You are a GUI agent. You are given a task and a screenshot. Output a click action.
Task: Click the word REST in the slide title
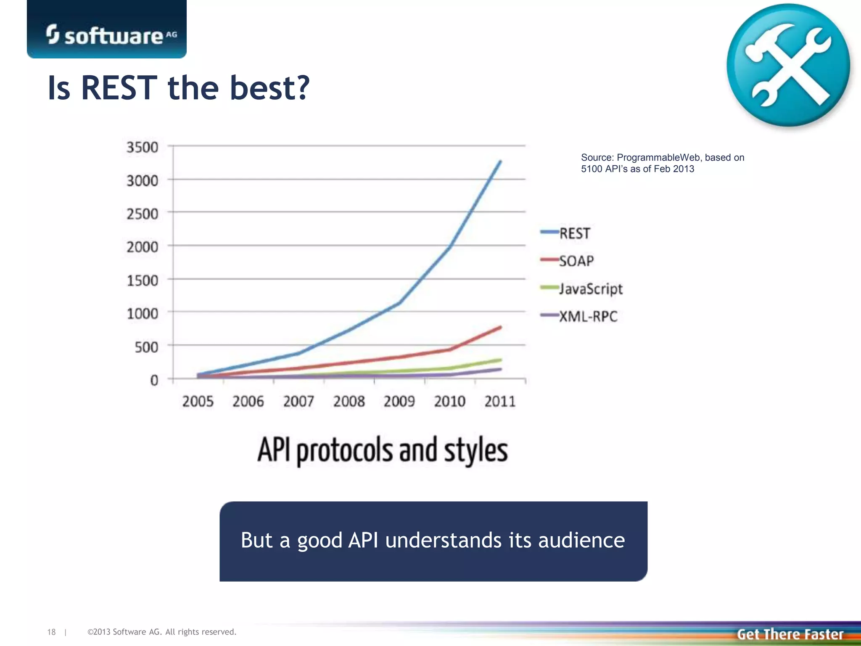119,88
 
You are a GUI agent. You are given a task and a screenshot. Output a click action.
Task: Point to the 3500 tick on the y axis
143,148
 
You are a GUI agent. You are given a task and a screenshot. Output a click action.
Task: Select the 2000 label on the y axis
143,247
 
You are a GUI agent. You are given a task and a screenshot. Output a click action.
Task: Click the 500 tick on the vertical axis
146,347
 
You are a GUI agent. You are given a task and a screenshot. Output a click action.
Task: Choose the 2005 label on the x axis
198,402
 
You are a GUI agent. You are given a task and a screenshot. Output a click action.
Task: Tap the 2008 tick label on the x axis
349,402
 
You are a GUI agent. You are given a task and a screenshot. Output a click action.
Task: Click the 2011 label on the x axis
500,402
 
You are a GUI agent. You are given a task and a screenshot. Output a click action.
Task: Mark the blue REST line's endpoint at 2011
500,161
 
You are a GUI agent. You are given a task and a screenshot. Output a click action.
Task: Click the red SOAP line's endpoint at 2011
500,327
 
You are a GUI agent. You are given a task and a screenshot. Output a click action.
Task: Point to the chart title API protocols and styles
383,450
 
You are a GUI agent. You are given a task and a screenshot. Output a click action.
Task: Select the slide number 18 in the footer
51,632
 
